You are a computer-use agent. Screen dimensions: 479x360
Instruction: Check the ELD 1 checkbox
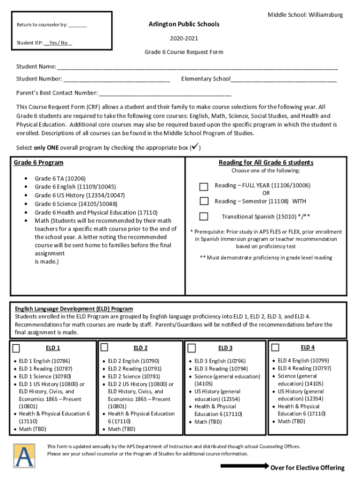16,348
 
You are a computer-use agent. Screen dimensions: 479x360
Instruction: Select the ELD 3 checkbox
191,348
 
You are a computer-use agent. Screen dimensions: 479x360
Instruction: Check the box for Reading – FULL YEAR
204,187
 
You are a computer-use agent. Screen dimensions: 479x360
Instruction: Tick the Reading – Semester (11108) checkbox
204,201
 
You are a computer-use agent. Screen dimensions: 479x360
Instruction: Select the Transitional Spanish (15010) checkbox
204,216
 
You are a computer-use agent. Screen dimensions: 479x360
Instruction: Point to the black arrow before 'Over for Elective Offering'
244,466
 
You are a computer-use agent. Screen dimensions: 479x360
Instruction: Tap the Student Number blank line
116,80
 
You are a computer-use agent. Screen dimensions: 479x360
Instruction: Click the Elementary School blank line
283,80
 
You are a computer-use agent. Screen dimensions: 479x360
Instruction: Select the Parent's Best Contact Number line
158,93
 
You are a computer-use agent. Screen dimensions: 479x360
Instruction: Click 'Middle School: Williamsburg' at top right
305,15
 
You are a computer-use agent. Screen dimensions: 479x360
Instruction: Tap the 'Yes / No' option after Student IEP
58,43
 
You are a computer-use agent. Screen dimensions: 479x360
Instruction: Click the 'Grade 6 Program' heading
38,163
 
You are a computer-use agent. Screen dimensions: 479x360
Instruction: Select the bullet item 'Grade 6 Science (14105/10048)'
76,204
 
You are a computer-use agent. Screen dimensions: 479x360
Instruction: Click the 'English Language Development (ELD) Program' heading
74,309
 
